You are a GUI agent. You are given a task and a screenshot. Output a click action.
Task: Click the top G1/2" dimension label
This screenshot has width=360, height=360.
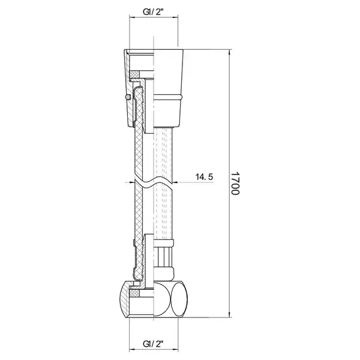point(153,12)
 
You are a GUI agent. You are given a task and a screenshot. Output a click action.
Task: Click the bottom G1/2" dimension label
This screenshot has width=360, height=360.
point(153,343)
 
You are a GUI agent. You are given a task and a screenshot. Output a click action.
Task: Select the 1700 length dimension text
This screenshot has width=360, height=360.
point(235,183)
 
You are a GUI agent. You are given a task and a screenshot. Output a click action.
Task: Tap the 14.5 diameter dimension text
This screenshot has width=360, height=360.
point(204,177)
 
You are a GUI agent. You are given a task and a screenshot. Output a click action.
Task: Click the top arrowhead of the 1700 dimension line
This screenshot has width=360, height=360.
point(230,52)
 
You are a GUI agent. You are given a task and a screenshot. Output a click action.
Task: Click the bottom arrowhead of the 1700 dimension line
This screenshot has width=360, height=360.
point(230,315)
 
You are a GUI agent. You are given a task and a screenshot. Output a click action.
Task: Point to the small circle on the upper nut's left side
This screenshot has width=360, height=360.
point(128,97)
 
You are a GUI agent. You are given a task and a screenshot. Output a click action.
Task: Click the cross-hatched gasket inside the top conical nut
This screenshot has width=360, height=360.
point(134,74)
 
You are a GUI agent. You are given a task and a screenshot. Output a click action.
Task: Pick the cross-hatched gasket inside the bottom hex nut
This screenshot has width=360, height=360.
point(134,293)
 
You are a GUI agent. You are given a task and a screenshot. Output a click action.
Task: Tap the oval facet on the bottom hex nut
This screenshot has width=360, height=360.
point(180,299)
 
